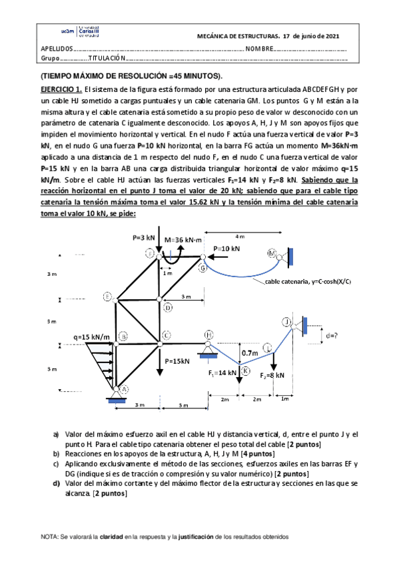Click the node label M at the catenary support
(271, 253)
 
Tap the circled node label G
(202, 268)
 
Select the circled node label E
(107, 296)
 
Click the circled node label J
(286, 322)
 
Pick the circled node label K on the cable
(245, 370)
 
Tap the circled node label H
(209, 334)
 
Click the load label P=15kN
(177, 361)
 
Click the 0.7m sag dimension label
(250, 352)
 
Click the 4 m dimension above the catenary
(240, 236)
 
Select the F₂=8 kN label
(273, 375)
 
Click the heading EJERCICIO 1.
(61, 89)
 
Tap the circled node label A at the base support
(123, 390)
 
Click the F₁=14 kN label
(221, 372)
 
